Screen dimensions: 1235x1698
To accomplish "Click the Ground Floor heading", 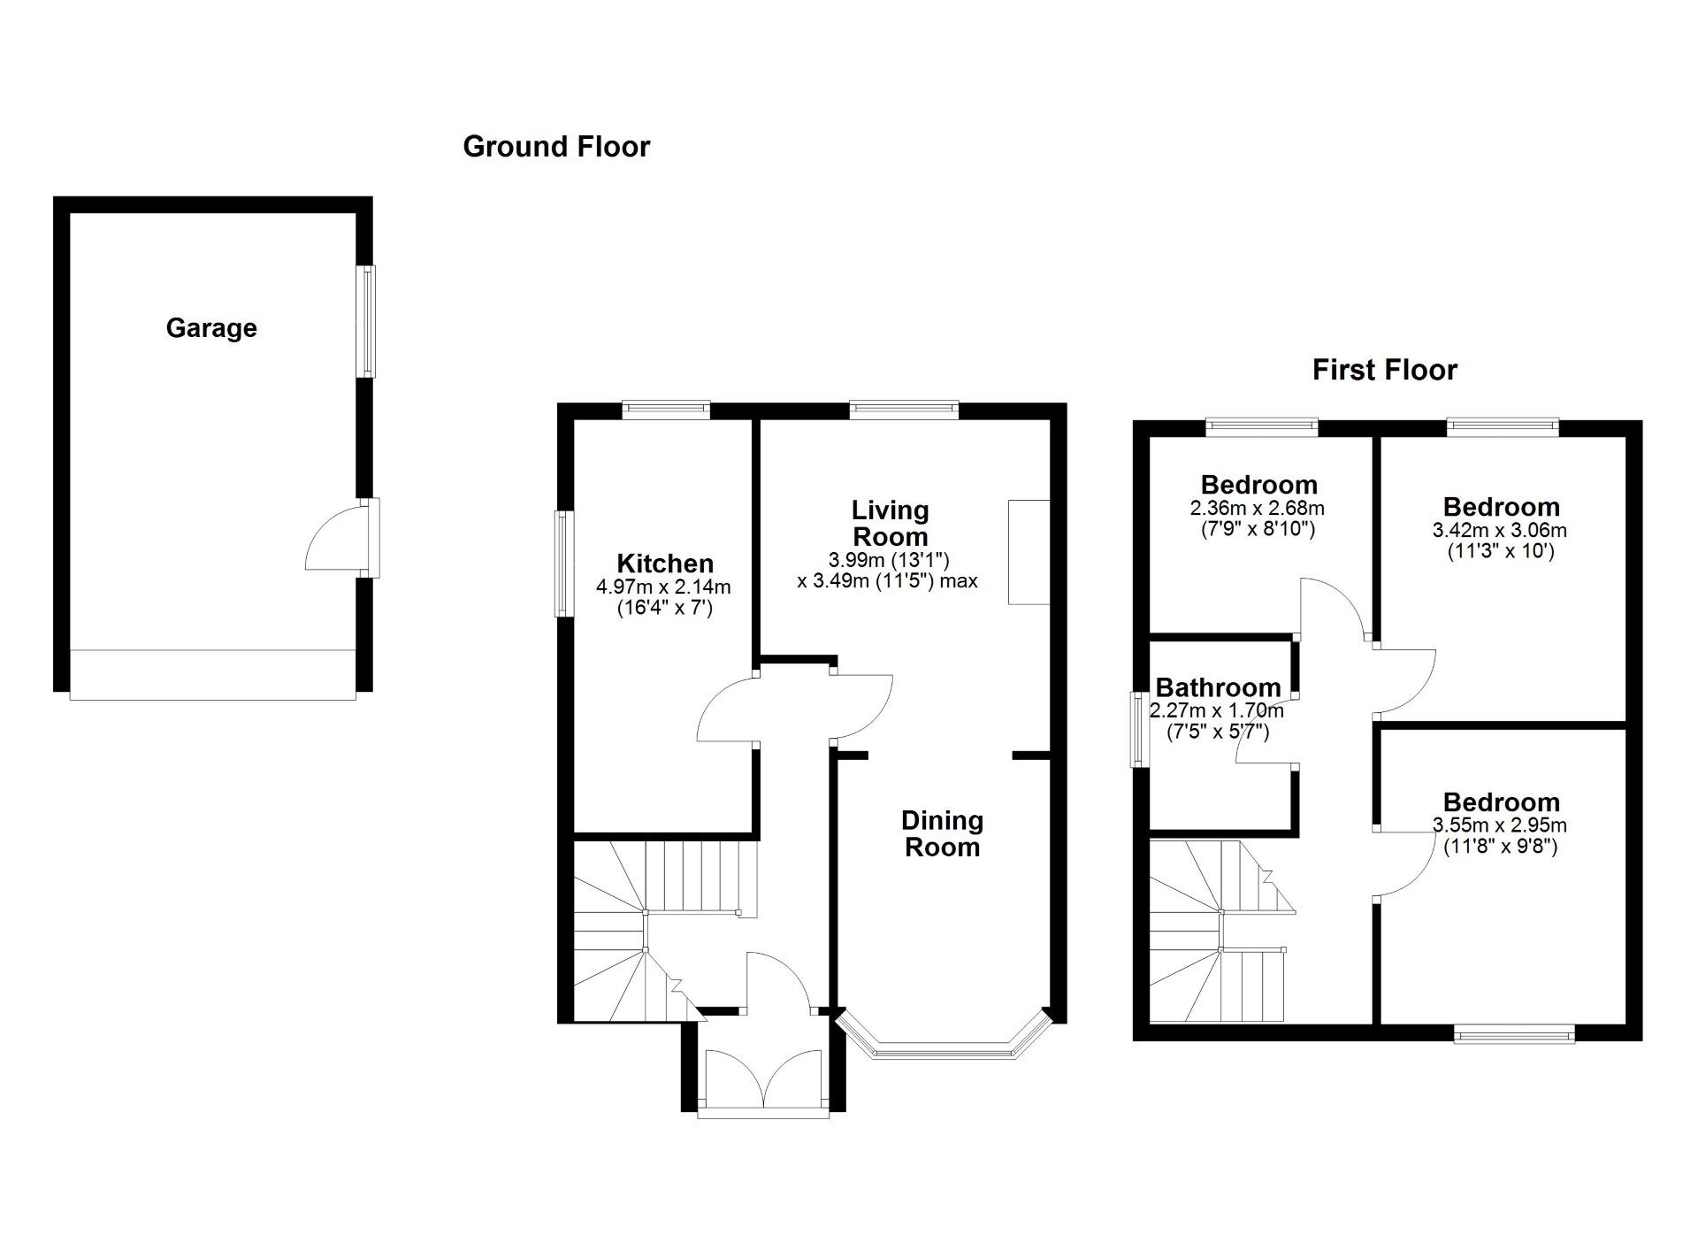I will (556, 147).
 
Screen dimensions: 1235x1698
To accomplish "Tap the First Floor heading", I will (1384, 370).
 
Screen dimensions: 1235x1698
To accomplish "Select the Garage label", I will (211, 328).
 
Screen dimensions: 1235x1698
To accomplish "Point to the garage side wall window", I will (366, 321).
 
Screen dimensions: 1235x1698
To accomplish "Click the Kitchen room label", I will (665, 564).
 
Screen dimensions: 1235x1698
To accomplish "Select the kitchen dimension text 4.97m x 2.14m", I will (663, 587).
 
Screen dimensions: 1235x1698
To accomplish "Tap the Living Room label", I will (890, 523).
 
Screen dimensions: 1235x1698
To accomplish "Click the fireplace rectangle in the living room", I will (1029, 552).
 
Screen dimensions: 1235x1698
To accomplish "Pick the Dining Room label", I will (942, 833).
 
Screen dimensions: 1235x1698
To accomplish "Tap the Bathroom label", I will (1218, 687).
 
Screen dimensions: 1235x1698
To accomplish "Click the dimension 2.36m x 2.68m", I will (1257, 509).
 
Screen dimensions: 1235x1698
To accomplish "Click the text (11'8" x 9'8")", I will (1500, 847).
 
